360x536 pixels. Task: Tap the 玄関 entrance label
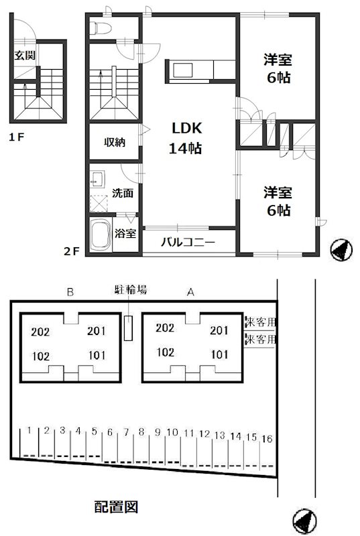click(x=25, y=55)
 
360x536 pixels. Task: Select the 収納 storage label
click(x=114, y=142)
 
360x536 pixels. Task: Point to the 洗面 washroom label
click(x=122, y=194)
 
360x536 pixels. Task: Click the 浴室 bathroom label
click(x=125, y=233)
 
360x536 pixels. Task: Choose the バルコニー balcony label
click(x=187, y=243)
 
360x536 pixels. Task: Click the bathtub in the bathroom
click(x=101, y=235)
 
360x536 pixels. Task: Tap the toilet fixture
click(x=101, y=27)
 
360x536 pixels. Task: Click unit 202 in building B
click(x=40, y=331)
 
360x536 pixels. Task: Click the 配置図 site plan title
click(x=115, y=507)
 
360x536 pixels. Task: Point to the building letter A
click(x=190, y=291)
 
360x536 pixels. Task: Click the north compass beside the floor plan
click(x=341, y=249)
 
